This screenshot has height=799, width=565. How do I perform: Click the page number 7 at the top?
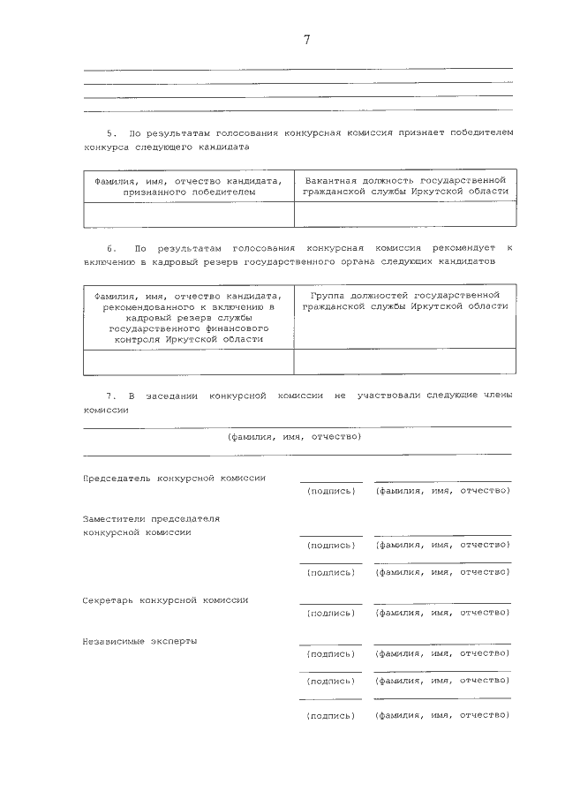[x=306, y=40]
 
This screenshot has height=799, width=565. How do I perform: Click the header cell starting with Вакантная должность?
[x=405, y=185]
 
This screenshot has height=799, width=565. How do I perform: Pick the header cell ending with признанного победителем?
[x=189, y=185]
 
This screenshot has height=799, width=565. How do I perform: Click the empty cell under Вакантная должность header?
[x=405, y=215]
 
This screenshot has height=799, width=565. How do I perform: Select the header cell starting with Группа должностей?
[x=405, y=300]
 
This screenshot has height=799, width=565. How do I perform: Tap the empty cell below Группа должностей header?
[x=405, y=362]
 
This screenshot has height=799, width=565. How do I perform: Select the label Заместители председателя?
[x=151, y=519]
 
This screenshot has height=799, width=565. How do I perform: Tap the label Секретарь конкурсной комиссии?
[x=165, y=599]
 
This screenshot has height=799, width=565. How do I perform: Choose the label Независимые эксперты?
[x=139, y=641]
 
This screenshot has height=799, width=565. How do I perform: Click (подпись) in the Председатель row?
[x=330, y=491]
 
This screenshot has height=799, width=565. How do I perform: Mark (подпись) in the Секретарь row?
[x=330, y=612]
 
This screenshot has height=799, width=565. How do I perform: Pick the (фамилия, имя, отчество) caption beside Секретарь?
[x=442, y=612]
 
